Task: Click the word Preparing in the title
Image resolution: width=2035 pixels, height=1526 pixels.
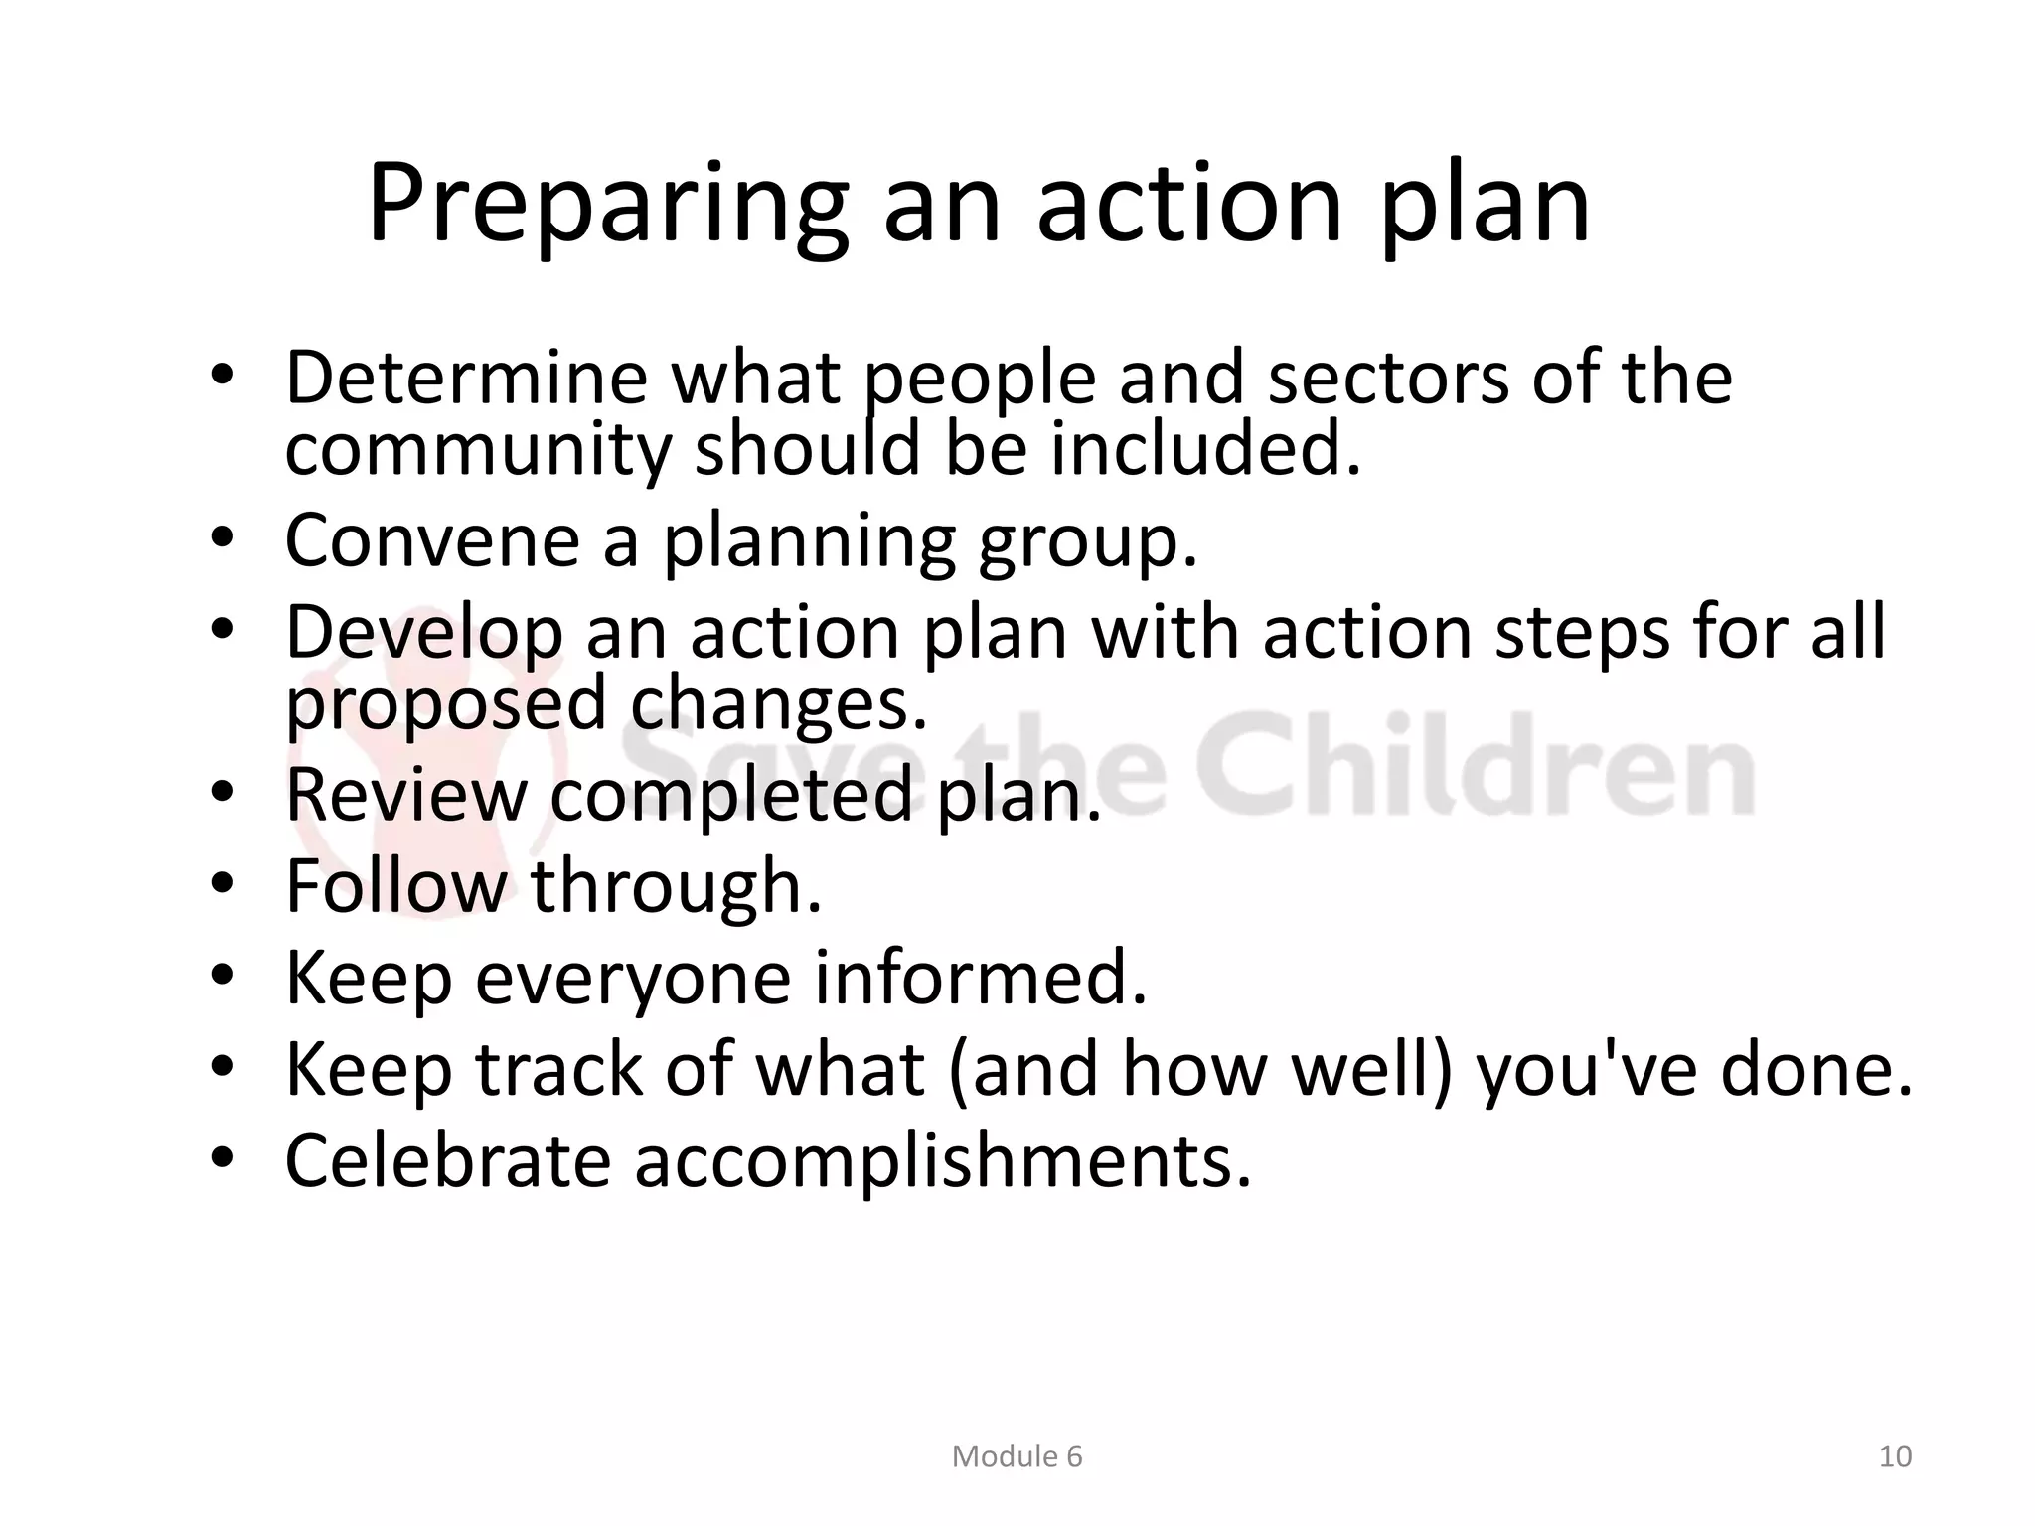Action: [x=608, y=206]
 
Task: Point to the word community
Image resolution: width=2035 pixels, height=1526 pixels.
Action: [x=479, y=452]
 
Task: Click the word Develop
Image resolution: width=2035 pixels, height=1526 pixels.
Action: [x=424, y=634]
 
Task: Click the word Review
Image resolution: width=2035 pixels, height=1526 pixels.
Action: [x=405, y=795]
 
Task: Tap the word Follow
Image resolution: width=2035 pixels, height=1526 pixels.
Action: [x=395, y=885]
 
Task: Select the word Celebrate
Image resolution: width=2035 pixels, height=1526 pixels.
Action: [x=447, y=1161]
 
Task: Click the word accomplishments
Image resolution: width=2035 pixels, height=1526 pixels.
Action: [x=943, y=1161]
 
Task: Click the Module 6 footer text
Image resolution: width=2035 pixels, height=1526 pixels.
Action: [x=1017, y=1456]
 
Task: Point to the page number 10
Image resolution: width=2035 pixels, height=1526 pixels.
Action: [x=1895, y=1456]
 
